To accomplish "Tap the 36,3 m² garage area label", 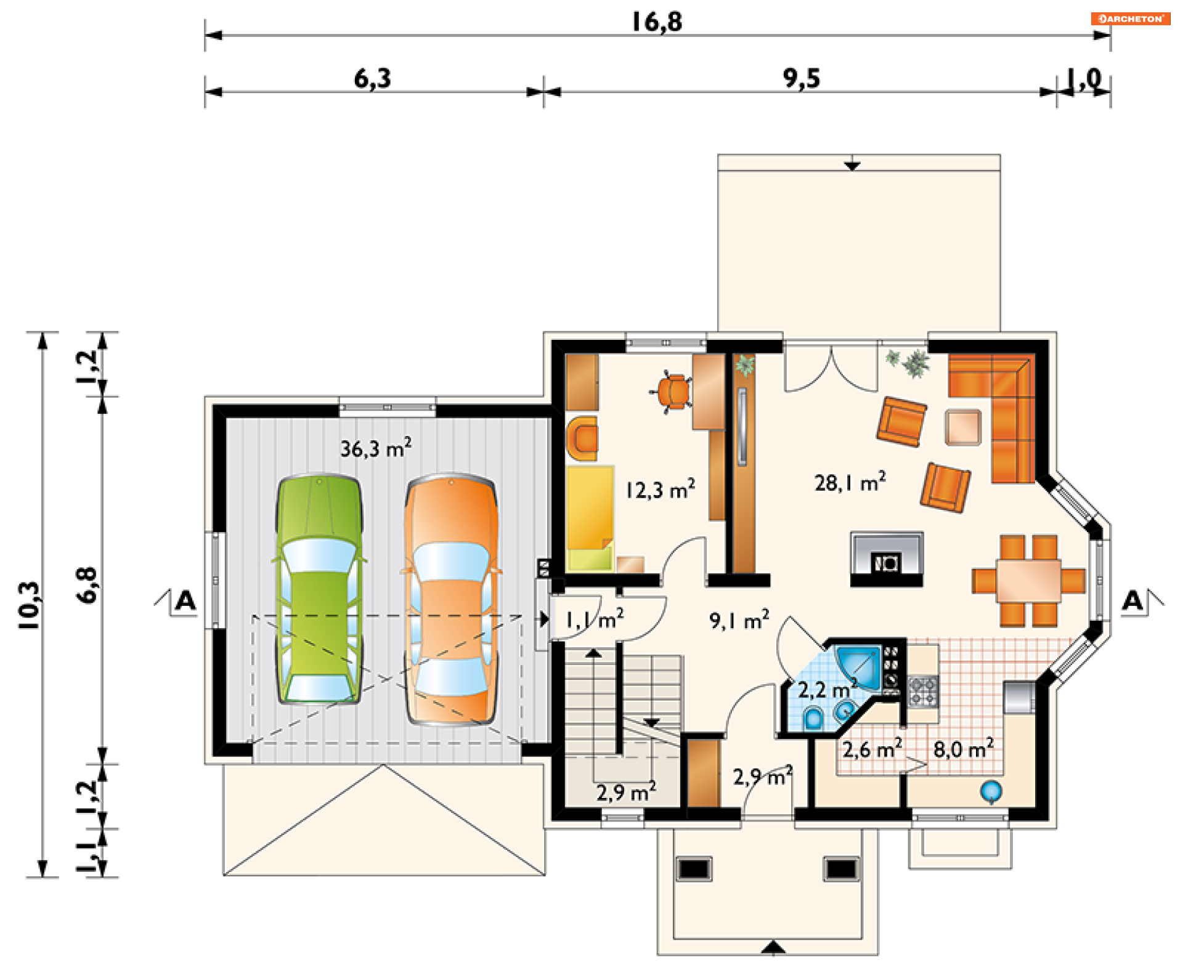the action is [x=376, y=448].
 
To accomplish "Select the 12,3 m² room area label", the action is [x=660, y=490].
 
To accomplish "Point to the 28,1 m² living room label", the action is [x=850, y=482].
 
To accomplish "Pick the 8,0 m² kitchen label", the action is [x=964, y=749].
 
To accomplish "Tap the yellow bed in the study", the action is [x=590, y=518].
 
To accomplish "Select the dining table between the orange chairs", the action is [x=1028, y=580].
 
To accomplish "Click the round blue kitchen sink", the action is [x=991, y=791].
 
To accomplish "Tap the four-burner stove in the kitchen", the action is [x=923, y=690].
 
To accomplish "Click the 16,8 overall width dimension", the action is [x=657, y=22].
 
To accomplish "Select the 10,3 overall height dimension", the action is [x=29, y=605].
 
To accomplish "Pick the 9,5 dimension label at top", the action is [x=802, y=78].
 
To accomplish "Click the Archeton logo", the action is [x=1131, y=18].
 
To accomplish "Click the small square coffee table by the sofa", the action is [x=963, y=427].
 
